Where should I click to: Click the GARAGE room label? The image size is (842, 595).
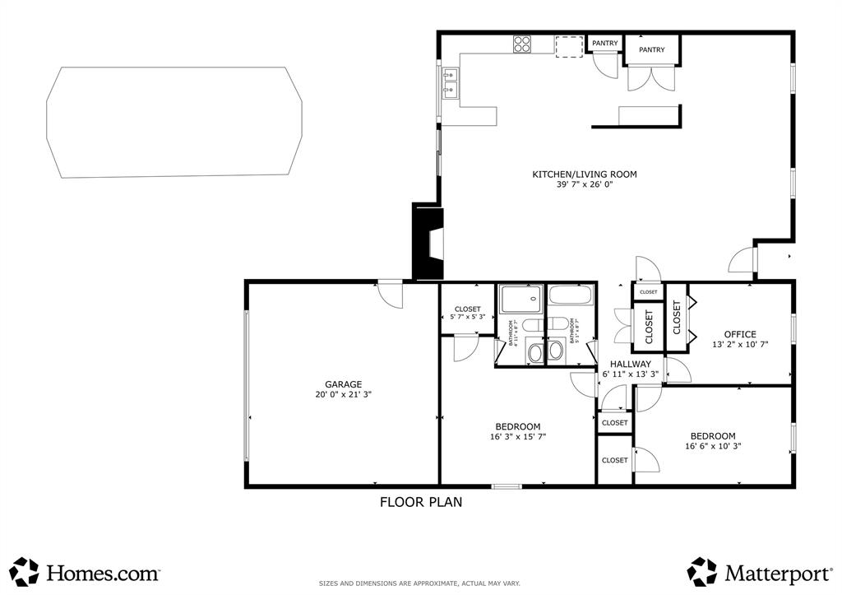click(343, 384)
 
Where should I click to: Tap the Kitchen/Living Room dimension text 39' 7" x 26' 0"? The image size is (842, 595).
click(584, 185)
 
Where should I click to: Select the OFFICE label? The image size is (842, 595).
click(739, 334)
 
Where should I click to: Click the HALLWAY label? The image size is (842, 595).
click(630, 364)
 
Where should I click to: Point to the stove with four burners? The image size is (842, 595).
click(522, 44)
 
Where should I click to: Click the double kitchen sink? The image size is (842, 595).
click(450, 83)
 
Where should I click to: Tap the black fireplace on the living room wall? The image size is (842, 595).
click(428, 242)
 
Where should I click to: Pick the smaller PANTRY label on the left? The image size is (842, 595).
click(604, 44)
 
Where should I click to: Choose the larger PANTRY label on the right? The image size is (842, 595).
click(651, 50)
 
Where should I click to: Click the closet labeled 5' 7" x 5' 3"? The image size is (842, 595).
click(467, 313)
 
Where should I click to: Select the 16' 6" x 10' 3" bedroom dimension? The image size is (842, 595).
click(712, 447)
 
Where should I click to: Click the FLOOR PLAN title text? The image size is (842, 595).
click(420, 501)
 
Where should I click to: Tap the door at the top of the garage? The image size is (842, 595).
click(390, 292)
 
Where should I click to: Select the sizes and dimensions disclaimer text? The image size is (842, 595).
click(419, 583)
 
